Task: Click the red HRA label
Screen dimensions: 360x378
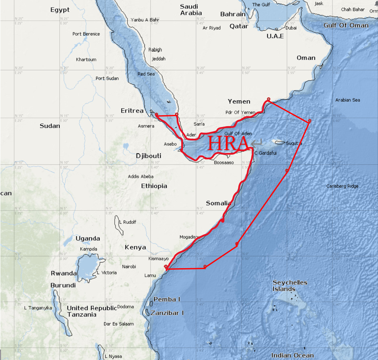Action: (x=228, y=143)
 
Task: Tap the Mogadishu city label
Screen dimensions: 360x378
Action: (x=189, y=237)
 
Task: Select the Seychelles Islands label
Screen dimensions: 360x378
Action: (x=290, y=285)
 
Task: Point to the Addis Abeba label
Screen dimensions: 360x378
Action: (x=141, y=176)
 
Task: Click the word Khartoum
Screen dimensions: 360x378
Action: (x=86, y=60)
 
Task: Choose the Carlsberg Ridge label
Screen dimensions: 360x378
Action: (x=342, y=186)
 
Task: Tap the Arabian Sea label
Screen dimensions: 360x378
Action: (x=347, y=100)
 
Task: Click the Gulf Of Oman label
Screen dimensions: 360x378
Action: (x=346, y=25)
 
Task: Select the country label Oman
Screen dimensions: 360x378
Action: (x=306, y=58)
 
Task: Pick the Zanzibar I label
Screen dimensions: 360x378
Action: (x=168, y=313)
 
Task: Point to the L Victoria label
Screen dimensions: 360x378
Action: (x=107, y=273)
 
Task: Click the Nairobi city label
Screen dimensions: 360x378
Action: (x=129, y=267)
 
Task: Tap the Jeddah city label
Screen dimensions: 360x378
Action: (x=159, y=59)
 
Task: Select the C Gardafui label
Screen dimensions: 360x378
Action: (x=266, y=153)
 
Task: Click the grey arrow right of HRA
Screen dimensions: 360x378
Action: (x=256, y=142)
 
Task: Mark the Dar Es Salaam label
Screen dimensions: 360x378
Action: (x=119, y=324)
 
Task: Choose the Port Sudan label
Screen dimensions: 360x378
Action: (x=107, y=78)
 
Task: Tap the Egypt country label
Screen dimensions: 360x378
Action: (x=59, y=10)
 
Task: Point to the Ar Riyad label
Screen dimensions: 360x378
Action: (x=211, y=28)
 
